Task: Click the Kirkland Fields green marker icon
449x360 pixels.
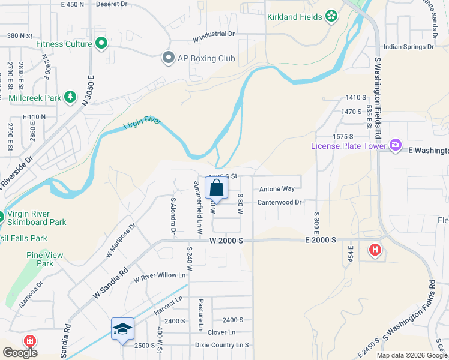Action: pyautogui.click(x=331, y=16)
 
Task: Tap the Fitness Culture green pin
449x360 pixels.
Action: pyautogui.click(x=101, y=43)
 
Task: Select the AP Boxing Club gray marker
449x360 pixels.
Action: pyautogui.click(x=169, y=58)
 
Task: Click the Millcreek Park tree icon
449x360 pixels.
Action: pyautogui.click(x=70, y=97)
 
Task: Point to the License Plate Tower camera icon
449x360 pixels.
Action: pyautogui.click(x=395, y=145)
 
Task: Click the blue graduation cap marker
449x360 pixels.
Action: pyautogui.click(x=122, y=329)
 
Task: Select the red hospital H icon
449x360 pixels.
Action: pyautogui.click(x=375, y=249)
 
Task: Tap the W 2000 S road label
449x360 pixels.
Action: pyautogui.click(x=226, y=240)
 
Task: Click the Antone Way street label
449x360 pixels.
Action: pyautogui.click(x=277, y=189)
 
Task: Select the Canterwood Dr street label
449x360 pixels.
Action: pyautogui.click(x=279, y=202)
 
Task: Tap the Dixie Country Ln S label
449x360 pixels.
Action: pyautogui.click(x=221, y=345)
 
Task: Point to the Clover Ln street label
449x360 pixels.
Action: pyautogui.click(x=221, y=332)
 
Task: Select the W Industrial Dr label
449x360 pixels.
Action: pyautogui.click(x=213, y=37)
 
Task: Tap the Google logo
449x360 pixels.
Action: pyautogui.click(x=20, y=353)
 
